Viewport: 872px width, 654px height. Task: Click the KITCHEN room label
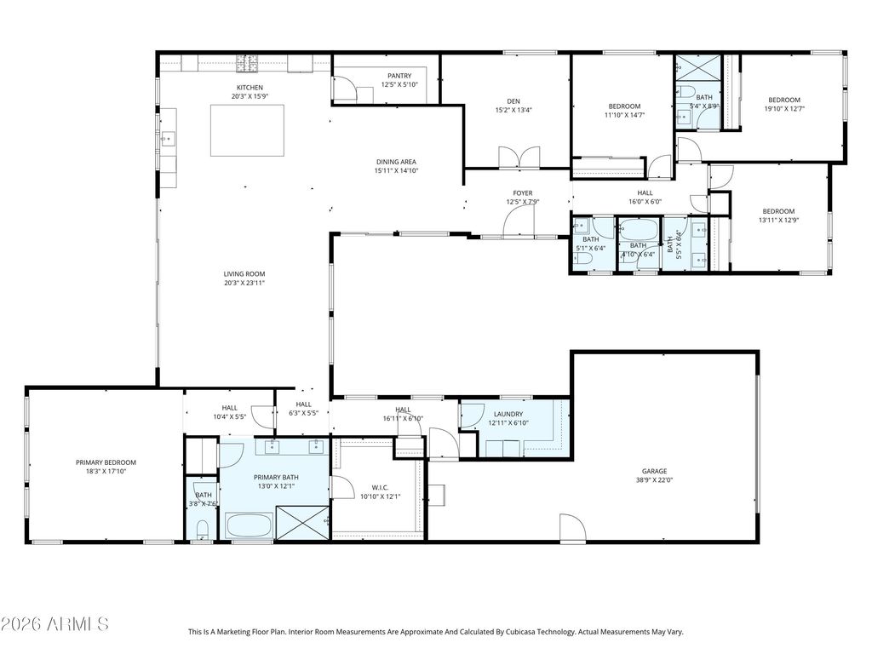pos(250,88)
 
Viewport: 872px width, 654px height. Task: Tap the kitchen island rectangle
pos(249,130)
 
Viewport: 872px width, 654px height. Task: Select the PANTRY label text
pos(399,75)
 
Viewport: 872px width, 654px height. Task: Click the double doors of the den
pos(519,158)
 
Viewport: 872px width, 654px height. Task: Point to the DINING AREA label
pos(396,161)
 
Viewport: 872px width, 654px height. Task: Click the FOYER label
pos(522,192)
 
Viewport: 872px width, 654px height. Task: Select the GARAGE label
pos(654,471)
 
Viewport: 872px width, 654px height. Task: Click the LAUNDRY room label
pos(506,414)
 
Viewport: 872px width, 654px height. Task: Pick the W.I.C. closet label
pos(380,488)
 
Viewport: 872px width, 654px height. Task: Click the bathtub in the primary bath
pos(248,525)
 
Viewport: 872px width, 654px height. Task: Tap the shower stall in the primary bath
pos(302,522)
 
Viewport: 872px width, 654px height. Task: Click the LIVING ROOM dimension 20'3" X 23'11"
pos(244,283)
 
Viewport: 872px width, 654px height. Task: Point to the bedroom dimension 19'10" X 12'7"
pos(783,108)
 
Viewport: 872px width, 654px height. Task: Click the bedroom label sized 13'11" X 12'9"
pos(777,211)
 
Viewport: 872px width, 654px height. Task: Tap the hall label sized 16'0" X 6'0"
pos(645,193)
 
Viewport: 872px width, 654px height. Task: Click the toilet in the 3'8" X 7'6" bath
pos(202,532)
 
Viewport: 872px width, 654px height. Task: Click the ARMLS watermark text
pos(55,624)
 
